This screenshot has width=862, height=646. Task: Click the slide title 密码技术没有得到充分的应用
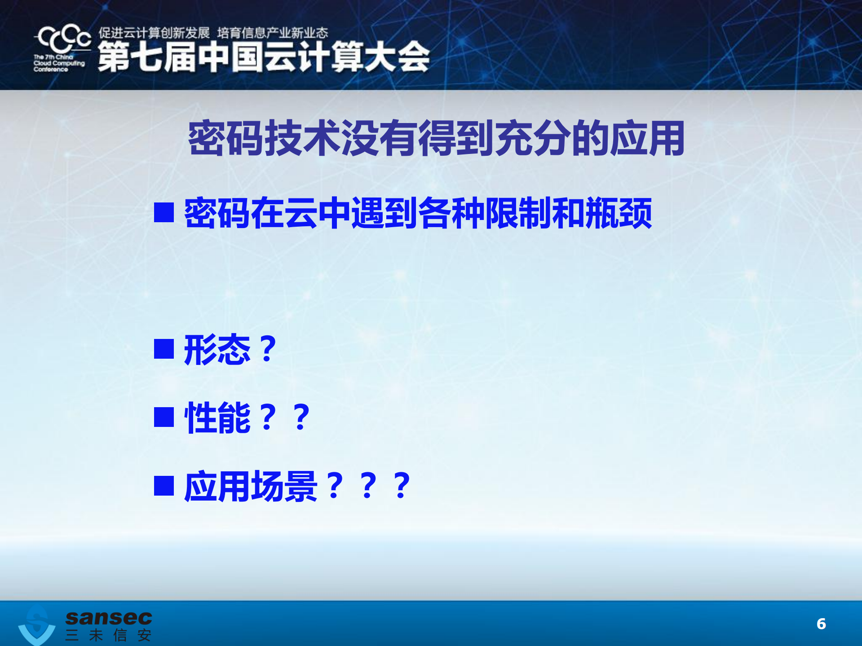click(x=436, y=138)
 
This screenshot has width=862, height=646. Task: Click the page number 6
click(x=821, y=624)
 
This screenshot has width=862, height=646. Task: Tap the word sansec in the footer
click(x=109, y=618)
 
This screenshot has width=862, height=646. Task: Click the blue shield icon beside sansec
click(x=37, y=626)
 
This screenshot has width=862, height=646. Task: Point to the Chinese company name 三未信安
click(x=108, y=635)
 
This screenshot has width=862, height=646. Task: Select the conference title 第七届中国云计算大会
click(x=263, y=57)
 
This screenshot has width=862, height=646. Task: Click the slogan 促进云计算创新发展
click(x=154, y=33)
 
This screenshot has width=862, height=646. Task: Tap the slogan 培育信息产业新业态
click(x=273, y=33)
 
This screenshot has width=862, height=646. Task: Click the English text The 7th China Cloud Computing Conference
click(x=58, y=63)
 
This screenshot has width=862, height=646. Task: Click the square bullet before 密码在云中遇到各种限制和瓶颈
click(x=164, y=212)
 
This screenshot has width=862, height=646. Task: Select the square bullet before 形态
click(x=164, y=349)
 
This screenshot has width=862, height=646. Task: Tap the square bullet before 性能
click(x=164, y=417)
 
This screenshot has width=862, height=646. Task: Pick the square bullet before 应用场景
click(x=164, y=485)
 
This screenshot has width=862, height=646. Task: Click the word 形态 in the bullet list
click(x=217, y=349)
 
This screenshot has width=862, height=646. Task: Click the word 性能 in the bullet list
click(x=217, y=417)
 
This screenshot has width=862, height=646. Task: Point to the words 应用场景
click(x=251, y=486)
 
